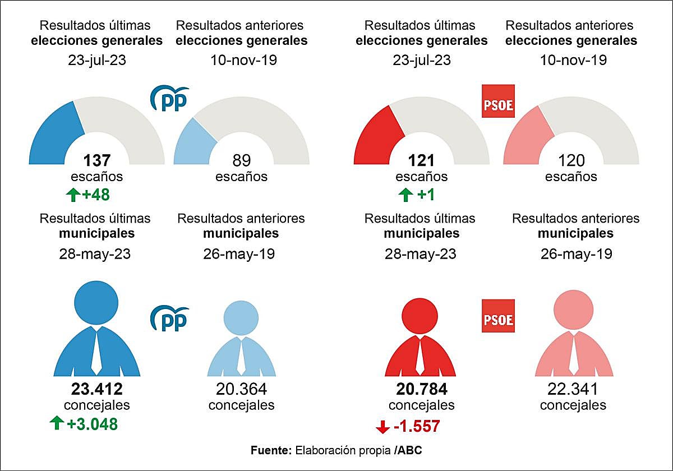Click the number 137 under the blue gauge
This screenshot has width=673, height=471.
tap(96, 161)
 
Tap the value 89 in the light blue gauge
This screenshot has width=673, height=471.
tap(241, 161)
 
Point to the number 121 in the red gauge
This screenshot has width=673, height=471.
tap(421, 161)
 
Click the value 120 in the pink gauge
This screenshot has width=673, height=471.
tap(571, 161)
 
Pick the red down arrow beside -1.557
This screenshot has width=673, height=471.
tap(382, 427)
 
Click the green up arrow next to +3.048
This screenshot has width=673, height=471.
tap(56, 424)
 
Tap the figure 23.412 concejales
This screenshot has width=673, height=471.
tap(96, 389)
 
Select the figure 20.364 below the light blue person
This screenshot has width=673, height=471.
tap(241, 389)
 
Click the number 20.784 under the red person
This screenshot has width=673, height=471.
tap(421, 389)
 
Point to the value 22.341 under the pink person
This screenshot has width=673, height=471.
tap(573, 389)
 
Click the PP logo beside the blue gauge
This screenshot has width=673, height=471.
tap(169, 99)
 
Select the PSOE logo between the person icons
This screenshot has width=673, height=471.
tap(499, 320)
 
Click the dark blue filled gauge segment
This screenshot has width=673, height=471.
tap(53, 137)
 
